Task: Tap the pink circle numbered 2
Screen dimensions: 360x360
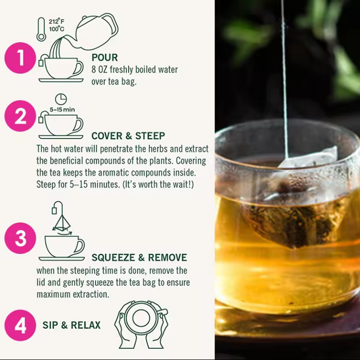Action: [x=20, y=117]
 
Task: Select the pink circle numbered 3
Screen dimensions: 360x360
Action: [x=20, y=238]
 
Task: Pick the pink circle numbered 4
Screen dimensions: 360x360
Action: [x=20, y=325]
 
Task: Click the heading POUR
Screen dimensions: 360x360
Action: [x=104, y=58]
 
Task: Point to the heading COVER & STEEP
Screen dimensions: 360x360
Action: [x=128, y=136]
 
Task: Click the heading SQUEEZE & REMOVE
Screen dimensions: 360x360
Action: [x=139, y=258]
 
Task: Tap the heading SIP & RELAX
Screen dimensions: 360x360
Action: [x=72, y=325]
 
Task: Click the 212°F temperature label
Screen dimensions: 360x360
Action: [x=56, y=21]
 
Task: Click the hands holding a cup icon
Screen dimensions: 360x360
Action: [x=141, y=324]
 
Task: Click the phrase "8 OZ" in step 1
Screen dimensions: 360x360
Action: [x=101, y=70]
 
